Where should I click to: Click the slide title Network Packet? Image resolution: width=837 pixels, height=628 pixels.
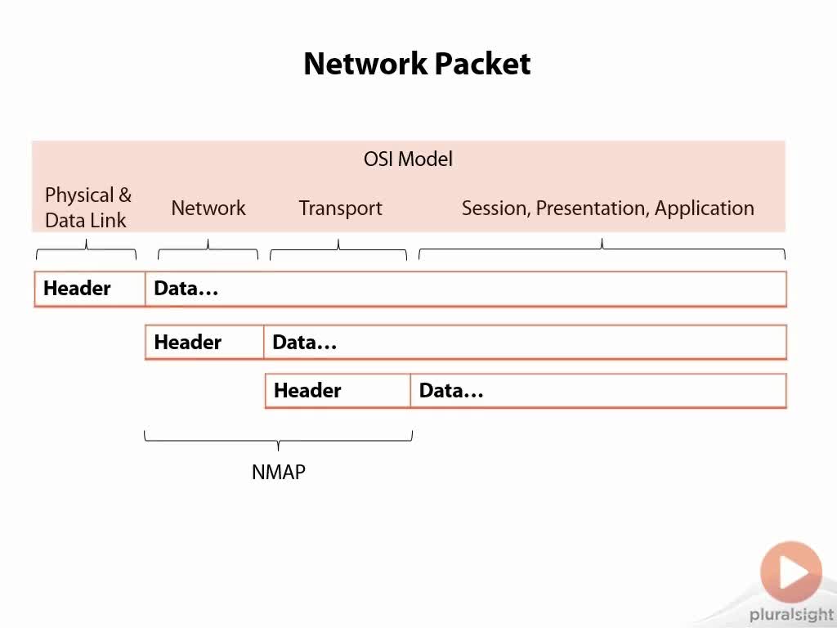point(417,64)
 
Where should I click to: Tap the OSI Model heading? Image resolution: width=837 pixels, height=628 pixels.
point(409,159)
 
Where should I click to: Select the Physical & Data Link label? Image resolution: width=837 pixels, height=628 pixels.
point(88,207)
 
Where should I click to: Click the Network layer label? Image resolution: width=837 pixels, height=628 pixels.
point(208,208)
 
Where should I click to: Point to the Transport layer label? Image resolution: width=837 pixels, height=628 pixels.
point(341,209)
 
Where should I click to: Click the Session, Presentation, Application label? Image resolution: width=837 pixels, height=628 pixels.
point(608,209)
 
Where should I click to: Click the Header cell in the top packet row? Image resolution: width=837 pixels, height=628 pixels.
point(90,289)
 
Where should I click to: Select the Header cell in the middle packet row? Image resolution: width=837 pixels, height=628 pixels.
point(204,343)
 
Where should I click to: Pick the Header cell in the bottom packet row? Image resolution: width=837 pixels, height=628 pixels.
point(338,391)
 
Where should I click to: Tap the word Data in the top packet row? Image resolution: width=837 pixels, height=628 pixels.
point(186,289)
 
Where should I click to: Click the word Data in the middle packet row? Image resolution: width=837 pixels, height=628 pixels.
point(304,343)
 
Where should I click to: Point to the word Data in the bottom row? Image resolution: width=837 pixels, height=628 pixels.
point(451,391)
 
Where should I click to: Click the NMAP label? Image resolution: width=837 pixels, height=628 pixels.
point(279,472)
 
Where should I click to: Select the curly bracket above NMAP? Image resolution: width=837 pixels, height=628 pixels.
point(278,441)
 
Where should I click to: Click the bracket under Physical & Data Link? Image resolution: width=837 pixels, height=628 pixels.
point(86,249)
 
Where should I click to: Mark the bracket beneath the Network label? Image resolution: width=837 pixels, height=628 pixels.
point(208,249)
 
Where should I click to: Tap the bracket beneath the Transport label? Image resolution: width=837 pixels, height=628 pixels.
point(338,249)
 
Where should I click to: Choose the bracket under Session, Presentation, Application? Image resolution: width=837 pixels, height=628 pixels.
point(602,249)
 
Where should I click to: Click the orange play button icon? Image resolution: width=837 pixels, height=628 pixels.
point(791,572)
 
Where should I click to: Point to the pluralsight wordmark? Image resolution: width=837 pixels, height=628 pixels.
point(791,615)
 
